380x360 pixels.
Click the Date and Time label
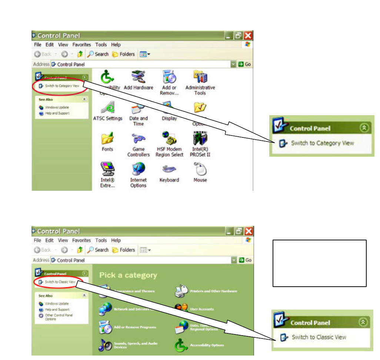pyautogui.click(x=139, y=121)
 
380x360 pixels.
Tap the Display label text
pyautogui.click(x=169, y=119)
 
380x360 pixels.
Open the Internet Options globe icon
pyautogui.click(x=138, y=169)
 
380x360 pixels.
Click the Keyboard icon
pyautogui.click(x=169, y=169)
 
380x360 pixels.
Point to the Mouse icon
pyautogui.click(x=200, y=169)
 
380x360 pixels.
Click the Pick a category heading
pyautogui.click(x=128, y=275)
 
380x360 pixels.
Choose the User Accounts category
pyautogui.click(x=202, y=309)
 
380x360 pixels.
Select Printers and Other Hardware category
pyautogui.click(x=213, y=291)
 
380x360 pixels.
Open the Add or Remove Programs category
pyautogui.click(x=135, y=327)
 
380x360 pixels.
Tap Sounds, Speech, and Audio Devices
pyautogui.click(x=136, y=345)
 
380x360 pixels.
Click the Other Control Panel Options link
pyautogui.click(x=54, y=317)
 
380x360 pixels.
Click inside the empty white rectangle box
pyautogui.click(x=319, y=263)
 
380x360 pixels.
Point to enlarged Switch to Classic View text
pyautogui.click(x=319, y=337)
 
